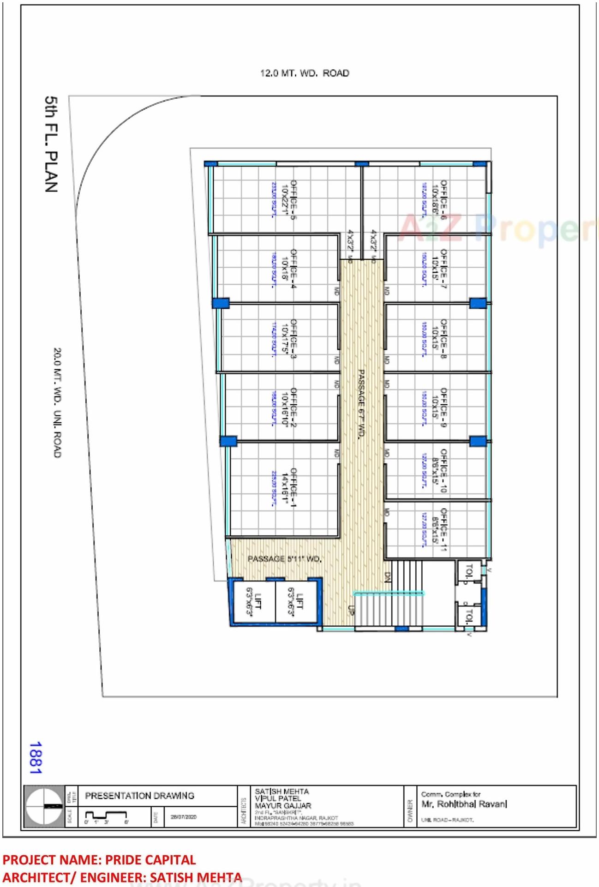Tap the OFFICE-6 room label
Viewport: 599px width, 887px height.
pos(443,199)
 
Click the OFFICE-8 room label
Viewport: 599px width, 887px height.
pos(443,338)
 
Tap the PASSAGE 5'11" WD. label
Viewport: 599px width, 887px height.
pos(284,559)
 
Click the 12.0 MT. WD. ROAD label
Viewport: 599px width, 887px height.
pos(305,73)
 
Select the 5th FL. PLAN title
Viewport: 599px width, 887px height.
pos(51,144)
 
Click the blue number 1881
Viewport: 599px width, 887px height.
pos(36,758)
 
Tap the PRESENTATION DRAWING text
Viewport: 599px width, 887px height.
pos(139,796)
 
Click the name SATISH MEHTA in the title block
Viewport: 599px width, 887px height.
pos(282,791)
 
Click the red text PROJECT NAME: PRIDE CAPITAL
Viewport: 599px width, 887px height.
pos(99,860)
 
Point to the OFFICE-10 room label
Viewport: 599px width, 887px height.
pos(443,470)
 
